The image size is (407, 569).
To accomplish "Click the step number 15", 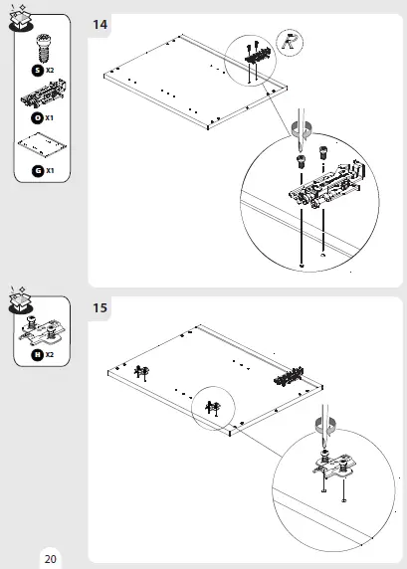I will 101,307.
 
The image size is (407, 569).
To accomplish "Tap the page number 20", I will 50,559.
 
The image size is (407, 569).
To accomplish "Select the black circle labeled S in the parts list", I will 37,71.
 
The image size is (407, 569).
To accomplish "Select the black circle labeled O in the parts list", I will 37,118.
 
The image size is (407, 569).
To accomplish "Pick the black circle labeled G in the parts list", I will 37,170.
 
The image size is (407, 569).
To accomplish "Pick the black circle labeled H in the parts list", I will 37,353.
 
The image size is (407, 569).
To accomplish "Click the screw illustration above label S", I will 43,48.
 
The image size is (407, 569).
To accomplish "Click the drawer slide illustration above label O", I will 43,96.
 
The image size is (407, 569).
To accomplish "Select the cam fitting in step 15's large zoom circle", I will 336,463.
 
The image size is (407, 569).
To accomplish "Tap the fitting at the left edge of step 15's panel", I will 139,371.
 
